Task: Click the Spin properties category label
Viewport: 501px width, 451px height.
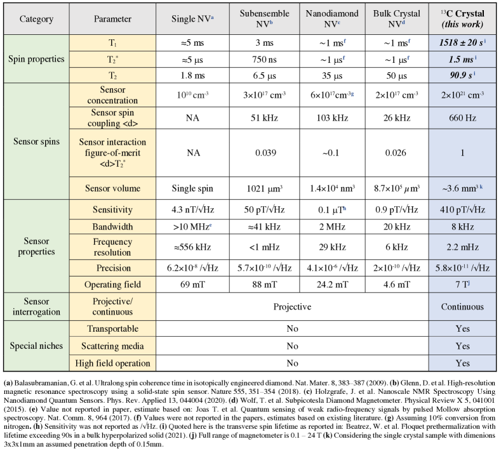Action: tap(36, 59)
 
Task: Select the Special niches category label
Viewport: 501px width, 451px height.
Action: tap(36, 346)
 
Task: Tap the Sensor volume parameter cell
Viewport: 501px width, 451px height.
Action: tap(112, 188)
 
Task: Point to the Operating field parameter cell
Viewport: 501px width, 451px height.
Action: tap(112, 285)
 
